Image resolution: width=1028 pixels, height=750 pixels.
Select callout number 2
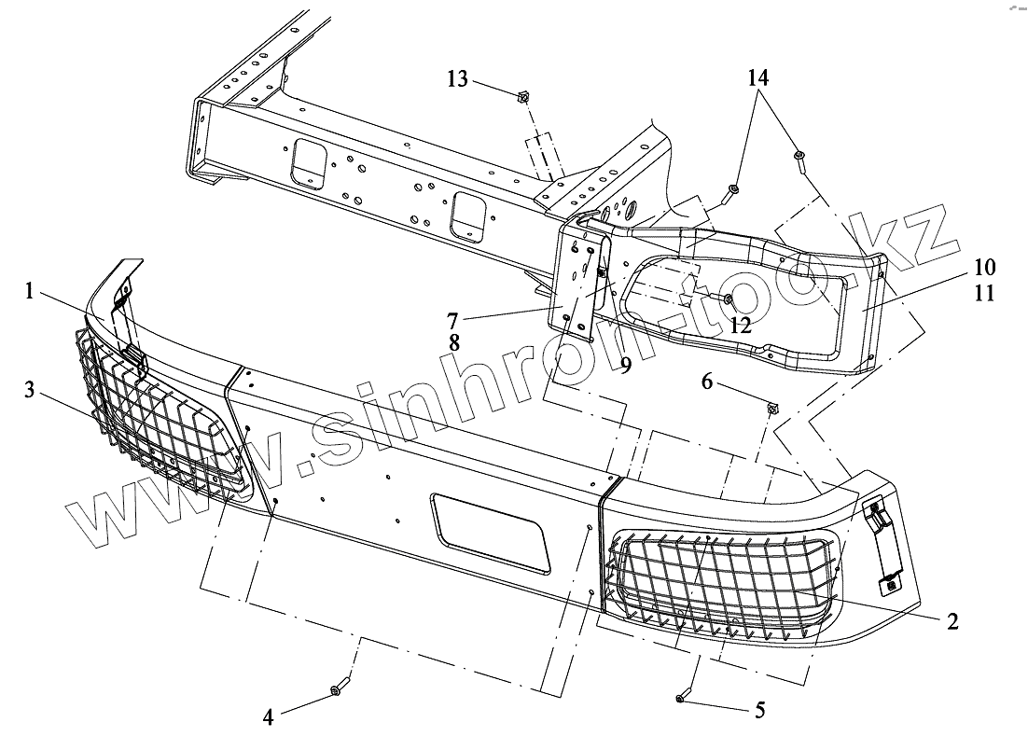pos(952,620)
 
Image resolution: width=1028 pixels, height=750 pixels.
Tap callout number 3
pos(32,390)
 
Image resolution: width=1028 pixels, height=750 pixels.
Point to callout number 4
pos(269,717)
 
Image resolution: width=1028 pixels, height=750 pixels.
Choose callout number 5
pos(759,710)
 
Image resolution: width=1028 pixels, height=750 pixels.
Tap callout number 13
pos(457,78)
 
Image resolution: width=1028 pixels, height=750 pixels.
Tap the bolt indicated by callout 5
pos(681,698)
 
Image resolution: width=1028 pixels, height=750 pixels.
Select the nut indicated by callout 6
pos(772,408)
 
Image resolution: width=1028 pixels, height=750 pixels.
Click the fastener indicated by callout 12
pos(727,299)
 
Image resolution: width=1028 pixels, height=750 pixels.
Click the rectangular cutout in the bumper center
pos(490,531)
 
